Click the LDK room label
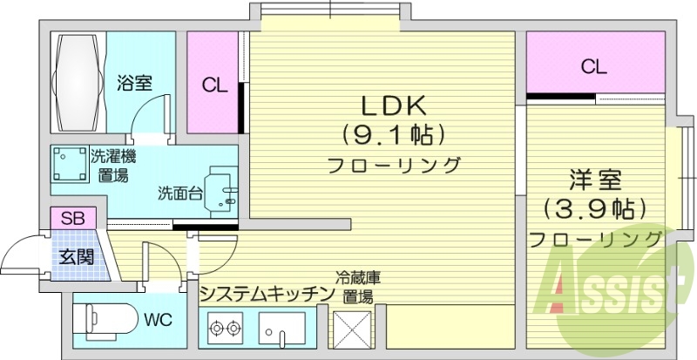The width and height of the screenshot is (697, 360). click(392, 105)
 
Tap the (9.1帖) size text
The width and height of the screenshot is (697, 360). click(392, 135)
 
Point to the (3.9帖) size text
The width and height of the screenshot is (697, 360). click(594, 209)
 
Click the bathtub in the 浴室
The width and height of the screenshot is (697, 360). click(77, 82)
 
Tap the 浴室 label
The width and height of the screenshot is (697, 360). click(135, 84)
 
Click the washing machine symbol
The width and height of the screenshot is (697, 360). click(67, 165)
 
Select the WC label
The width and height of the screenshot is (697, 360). click(159, 318)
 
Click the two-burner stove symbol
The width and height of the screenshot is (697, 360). click(225, 330)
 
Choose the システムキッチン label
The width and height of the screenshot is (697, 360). click(267, 293)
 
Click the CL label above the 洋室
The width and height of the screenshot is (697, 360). click(594, 65)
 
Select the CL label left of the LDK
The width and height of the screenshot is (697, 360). click(214, 85)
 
